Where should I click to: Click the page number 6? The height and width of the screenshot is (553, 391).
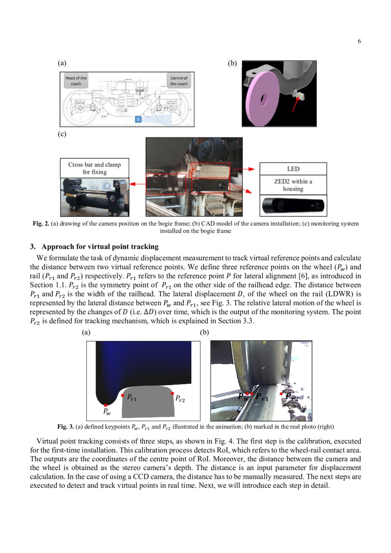click(x=359, y=41)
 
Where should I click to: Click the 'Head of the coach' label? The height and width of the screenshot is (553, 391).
click(x=76, y=81)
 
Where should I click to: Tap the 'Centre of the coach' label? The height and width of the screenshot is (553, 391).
click(x=178, y=81)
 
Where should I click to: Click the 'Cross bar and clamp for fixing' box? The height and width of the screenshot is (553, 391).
click(x=94, y=168)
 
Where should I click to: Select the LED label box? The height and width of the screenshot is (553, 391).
click(x=293, y=169)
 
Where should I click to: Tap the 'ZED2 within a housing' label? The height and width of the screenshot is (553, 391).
click(x=293, y=184)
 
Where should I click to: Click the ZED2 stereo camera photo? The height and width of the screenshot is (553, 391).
click(x=293, y=206)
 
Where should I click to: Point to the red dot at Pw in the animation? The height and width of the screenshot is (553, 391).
click(x=106, y=405)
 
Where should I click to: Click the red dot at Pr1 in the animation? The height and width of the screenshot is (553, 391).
click(x=123, y=395)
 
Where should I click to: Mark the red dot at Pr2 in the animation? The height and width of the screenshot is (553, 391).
click(x=172, y=394)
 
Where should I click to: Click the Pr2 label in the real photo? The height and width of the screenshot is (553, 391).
click(x=292, y=397)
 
